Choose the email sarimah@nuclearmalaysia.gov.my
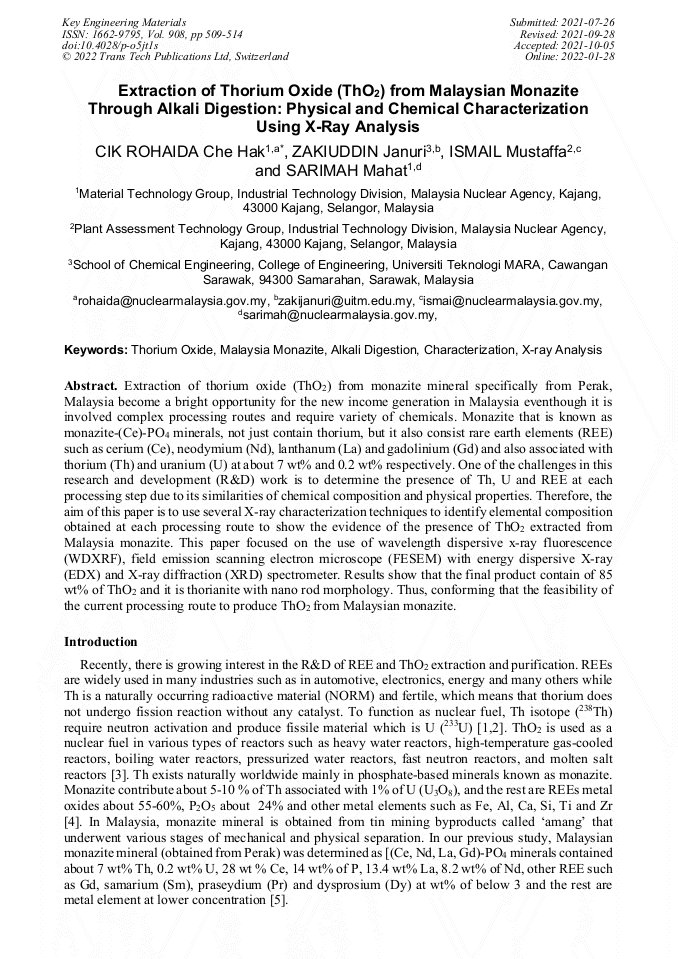[339, 315]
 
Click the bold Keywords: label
[96, 351]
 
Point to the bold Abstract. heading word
[91, 385]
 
